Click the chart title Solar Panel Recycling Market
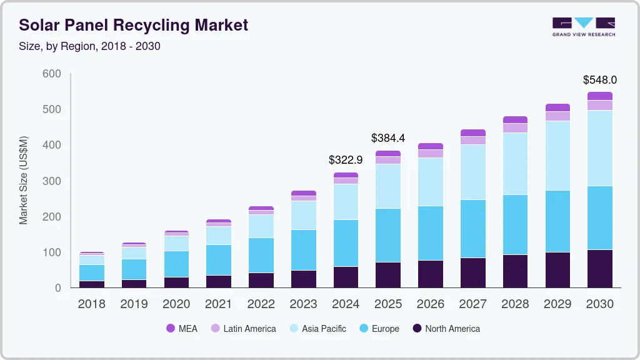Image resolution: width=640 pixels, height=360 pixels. pyautogui.click(x=133, y=25)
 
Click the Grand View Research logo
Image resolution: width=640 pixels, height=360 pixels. pyautogui.click(x=583, y=26)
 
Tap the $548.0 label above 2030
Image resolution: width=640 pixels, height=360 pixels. pyautogui.click(x=599, y=80)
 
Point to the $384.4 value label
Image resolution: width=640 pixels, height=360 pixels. pyautogui.click(x=388, y=138)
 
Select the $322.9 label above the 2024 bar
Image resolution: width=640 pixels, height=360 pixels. pyautogui.click(x=346, y=160)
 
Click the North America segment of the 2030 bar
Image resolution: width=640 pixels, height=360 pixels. pyautogui.click(x=599, y=269)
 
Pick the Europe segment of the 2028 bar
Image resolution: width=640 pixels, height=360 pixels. pyautogui.click(x=515, y=225)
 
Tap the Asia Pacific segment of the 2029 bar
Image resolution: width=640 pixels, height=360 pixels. pyautogui.click(x=557, y=156)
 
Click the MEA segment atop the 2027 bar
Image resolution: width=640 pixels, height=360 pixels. pyautogui.click(x=472, y=133)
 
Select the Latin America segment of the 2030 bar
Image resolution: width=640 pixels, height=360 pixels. pyautogui.click(x=599, y=105)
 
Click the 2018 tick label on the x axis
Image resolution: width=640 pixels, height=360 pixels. pyautogui.click(x=91, y=304)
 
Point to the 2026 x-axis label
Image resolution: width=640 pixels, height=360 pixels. pyautogui.click(x=430, y=304)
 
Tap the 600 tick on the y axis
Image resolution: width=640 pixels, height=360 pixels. pyautogui.click(x=51, y=74)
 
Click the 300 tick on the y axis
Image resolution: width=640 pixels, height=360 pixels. pyautogui.click(x=51, y=181)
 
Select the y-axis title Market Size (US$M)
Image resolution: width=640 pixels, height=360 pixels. pyautogui.click(x=24, y=180)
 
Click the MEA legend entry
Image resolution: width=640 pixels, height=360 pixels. pyautogui.click(x=181, y=329)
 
